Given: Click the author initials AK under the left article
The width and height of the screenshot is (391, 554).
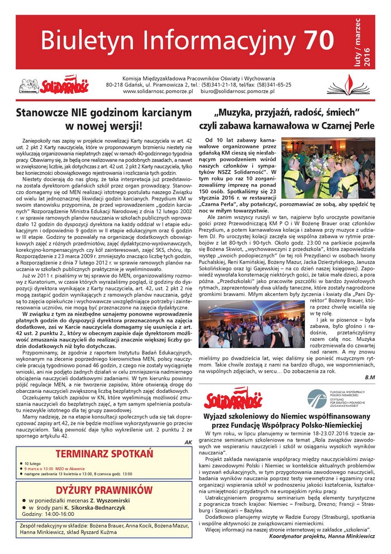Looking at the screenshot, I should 188,442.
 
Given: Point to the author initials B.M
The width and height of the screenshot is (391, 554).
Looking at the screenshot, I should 369,377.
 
